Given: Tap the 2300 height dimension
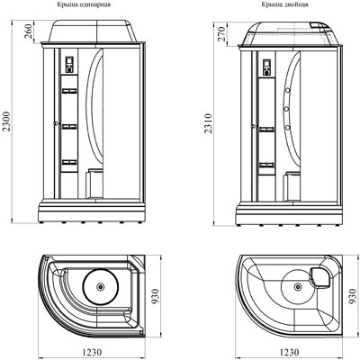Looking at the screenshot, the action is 6,121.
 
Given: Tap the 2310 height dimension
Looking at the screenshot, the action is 209,123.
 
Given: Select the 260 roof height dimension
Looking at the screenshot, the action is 28,31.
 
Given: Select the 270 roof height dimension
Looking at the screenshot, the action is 221,34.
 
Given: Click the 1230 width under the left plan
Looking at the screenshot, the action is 92,352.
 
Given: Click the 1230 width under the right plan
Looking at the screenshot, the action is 289,352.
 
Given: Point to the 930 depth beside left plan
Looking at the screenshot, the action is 155,296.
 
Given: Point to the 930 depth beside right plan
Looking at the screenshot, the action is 354,296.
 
